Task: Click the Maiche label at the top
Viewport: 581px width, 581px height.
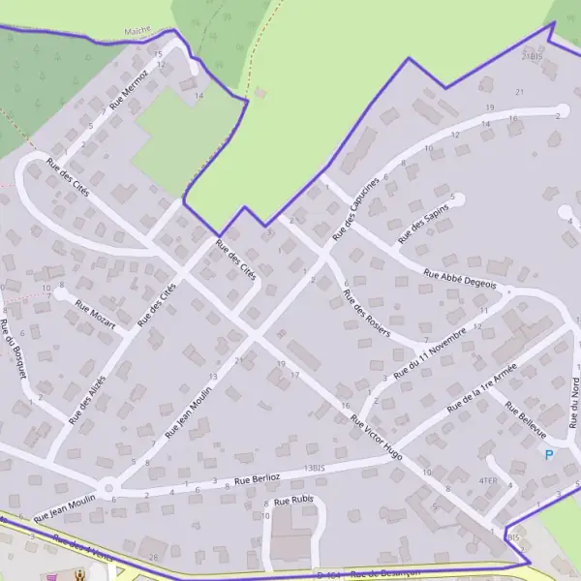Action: (139, 31)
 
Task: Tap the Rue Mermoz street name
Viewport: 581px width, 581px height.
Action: (130, 86)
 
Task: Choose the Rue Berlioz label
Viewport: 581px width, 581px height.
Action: (257, 478)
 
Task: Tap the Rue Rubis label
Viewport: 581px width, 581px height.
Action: (294, 501)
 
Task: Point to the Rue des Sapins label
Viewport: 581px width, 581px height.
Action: (423, 226)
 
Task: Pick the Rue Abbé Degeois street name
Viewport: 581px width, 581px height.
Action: (459, 279)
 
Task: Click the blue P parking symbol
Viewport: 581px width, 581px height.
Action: (549, 454)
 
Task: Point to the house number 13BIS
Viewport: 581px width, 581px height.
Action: (312, 468)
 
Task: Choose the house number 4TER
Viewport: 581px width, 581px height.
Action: (487, 479)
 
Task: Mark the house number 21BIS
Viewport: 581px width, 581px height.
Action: (533, 57)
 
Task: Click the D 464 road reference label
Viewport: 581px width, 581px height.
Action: (333, 575)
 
